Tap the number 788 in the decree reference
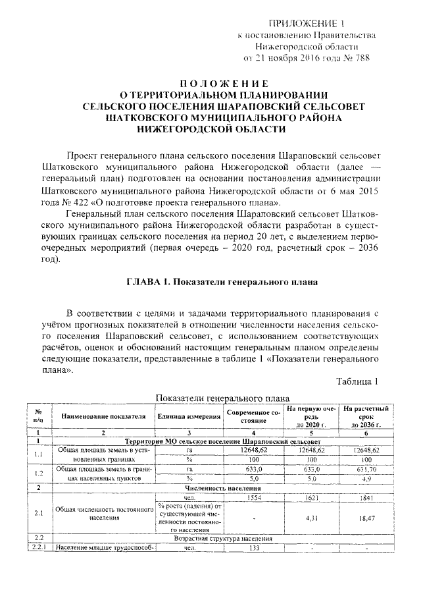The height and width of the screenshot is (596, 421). tap(360, 58)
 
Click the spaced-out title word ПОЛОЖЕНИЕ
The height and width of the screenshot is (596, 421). tap(225, 84)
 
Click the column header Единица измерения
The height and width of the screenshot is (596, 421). tap(188, 416)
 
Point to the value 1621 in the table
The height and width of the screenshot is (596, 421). tap(311, 499)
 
